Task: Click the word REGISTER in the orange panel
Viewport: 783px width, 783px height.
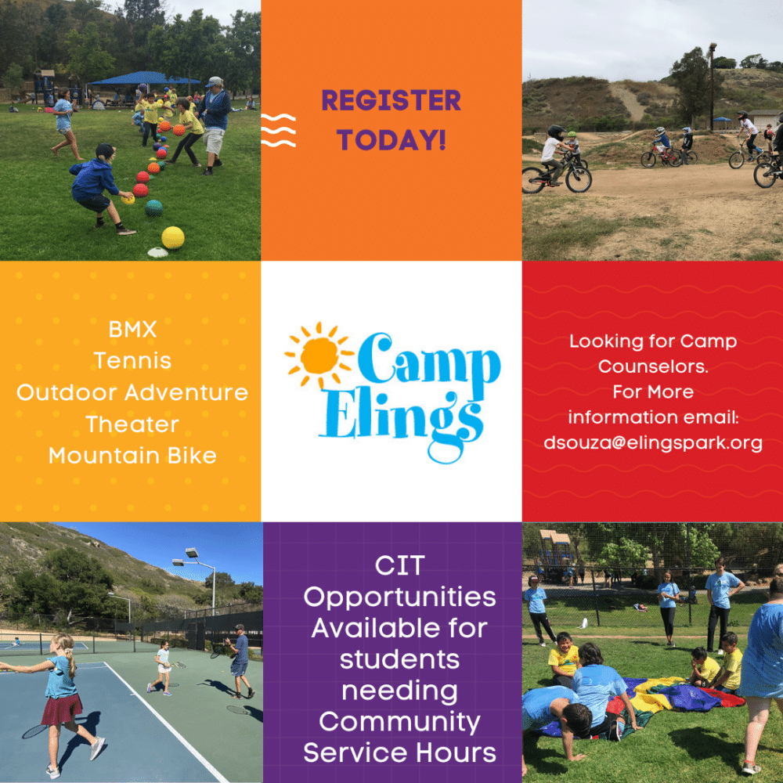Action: [391, 100]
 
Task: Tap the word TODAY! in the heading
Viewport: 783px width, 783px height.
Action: [391, 139]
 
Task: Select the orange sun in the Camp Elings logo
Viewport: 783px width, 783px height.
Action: [319, 355]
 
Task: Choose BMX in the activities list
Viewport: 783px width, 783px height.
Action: [132, 330]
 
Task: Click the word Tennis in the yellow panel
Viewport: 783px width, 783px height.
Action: [132, 360]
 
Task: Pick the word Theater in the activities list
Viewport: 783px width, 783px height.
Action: [132, 424]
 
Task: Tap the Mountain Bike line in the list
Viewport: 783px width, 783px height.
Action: [132, 456]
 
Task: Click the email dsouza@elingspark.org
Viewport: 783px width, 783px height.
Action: [653, 443]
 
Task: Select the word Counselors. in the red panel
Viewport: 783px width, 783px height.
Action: [653, 366]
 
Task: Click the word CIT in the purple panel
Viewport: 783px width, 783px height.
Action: [399, 566]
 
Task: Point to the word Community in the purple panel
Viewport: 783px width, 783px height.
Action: [399, 722]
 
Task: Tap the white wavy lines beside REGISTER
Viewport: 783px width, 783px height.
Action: [278, 130]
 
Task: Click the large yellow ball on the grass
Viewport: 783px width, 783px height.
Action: [173, 238]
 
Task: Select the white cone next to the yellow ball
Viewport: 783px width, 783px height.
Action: [158, 252]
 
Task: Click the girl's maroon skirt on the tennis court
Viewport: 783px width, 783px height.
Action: [62, 709]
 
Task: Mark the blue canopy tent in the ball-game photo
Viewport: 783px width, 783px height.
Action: [144, 78]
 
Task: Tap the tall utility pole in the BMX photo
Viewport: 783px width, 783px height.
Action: [712, 88]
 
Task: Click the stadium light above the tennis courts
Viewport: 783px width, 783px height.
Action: [192, 554]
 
